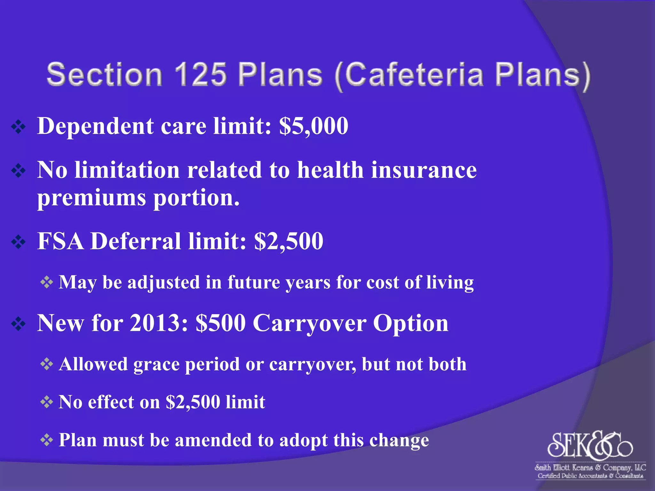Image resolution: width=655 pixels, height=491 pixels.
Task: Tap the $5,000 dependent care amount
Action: [314, 126]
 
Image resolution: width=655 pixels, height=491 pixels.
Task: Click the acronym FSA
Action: [61, 241]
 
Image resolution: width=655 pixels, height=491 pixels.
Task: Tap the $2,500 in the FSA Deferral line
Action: [288, 241]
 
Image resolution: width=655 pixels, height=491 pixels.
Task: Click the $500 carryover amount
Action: [221, 323]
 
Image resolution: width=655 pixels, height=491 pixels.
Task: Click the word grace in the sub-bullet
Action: [156, 365]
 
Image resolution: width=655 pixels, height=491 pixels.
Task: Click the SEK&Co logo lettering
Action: [590, 445]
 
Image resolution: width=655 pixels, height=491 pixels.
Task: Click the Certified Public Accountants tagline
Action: [590, 476]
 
